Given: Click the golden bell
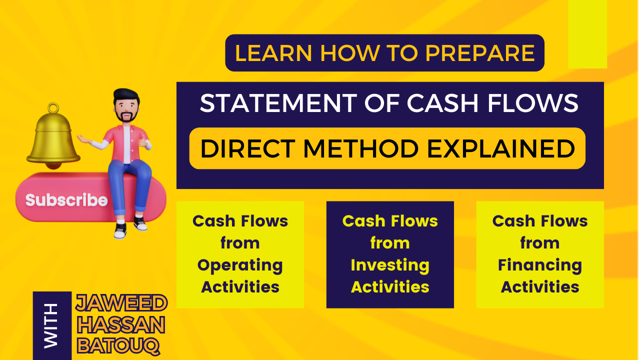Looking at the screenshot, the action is [x=53, y=137].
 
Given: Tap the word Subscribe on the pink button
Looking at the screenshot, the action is [x=66, y=199].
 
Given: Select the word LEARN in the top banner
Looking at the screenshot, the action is [x=273, y=53].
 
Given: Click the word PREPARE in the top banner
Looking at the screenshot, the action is [x=480, y=53].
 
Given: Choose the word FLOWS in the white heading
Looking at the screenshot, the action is [x=533, y=103].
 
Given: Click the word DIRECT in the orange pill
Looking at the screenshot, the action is [x=247, y=148].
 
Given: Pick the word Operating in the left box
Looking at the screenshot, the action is [x=240, y=265].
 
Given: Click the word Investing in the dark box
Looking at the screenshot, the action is [x=390, y=265].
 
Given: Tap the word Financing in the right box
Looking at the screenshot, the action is [x=540, y=265].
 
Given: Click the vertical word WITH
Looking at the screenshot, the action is [x=51, y=326].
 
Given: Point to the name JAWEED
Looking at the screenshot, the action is [x=121, y=303].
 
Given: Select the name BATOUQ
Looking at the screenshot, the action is [x=118, y=346].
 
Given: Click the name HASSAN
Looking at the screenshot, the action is [x=121, y=324].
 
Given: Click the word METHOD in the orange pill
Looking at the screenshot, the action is [x=361, y=148].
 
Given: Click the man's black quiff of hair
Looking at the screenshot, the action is [x=125, y=95].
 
